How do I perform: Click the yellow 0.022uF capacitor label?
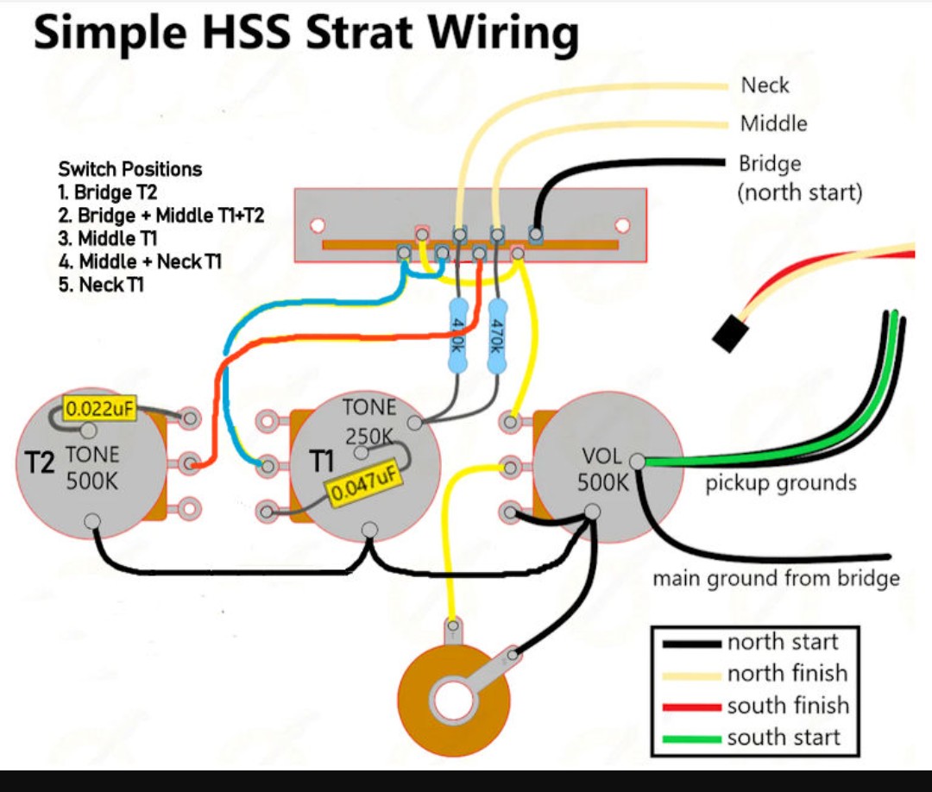(x=99, y=408)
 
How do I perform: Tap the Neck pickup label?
(x=765, y=85)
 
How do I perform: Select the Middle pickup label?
(x=774, y=123)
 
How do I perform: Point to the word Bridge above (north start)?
(x=770, y=163)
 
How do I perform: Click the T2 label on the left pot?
(x=39, y=462)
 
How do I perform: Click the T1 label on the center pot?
(x=322, y=462)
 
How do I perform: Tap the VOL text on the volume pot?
(x=601, y=456)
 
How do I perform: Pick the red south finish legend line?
(x=692, y=707)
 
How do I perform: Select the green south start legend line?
(x=692, y=739)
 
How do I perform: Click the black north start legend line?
(x=692, y=644)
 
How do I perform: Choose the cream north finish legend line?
(x=692, y=676)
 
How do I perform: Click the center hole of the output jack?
(x=454, y=701)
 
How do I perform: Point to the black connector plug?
(x=729, y=334)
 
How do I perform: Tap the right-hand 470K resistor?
(x=497, y=336)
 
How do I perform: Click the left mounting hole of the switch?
(x=318, y=226)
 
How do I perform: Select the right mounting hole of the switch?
(x=622, y=226)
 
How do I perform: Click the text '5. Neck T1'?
(x=101, y=285)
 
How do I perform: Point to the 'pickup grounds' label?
(x=781, y=483)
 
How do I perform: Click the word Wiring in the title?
(x=503, y=34)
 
